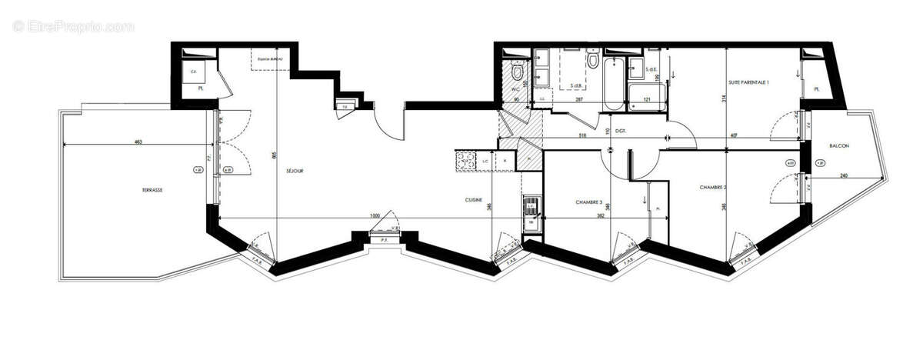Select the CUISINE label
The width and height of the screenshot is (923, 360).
pyautogui.click(x=474, y=200)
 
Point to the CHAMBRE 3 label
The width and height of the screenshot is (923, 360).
pyautogui.click(x=590, y=202)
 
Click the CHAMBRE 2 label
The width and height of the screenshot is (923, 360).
pyautogui.click(x=713, y=187)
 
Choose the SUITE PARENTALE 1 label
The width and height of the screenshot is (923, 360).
pyautogui.click(x=748, y=82)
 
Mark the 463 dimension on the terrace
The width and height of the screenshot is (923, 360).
pyautogui.click(x=138, y=142)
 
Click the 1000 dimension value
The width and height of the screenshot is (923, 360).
pyautogui.click(x=375, y=216)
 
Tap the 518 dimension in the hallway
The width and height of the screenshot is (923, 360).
pyautogui.click(x=585, y=136)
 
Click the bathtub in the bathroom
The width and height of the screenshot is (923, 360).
pyautogui.click(x=614, y=83)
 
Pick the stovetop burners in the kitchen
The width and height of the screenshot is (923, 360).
pyautogui.click(x=465, y=160)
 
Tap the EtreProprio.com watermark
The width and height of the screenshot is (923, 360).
pyautogui.click(x=74, y=26)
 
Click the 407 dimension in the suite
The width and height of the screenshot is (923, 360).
pyautogui.click(x=734, y=136)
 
